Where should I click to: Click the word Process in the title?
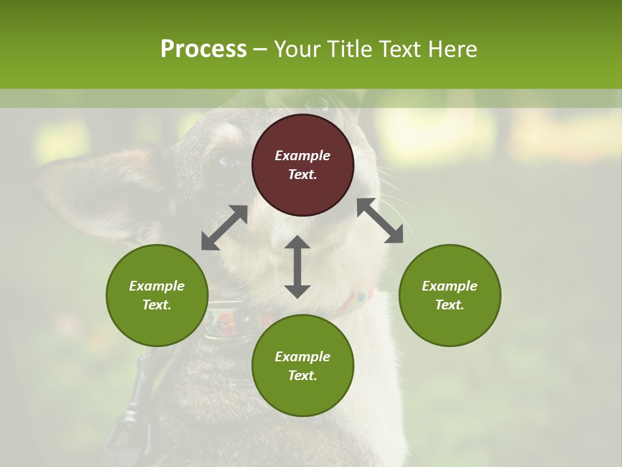point(203,49)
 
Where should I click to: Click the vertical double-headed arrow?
point(297,267)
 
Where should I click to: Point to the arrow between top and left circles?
point(224,228)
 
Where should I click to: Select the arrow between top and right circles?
point(380,221)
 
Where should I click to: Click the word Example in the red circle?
point(303,156)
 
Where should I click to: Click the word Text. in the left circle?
point(157,305)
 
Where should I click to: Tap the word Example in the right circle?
point(450,286)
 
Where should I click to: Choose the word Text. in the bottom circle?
point(303,376)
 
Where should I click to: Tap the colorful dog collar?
point(233,318)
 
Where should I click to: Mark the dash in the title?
point(260,49)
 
